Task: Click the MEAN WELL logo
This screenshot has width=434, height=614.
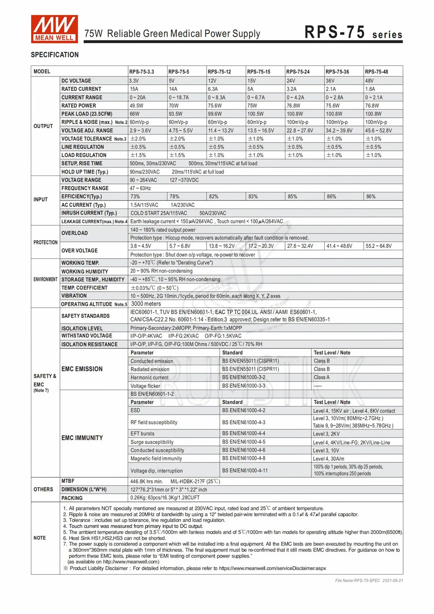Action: point(54,29)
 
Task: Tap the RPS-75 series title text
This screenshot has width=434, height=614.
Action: point(353,33)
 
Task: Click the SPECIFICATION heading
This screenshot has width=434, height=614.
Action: point(55,55)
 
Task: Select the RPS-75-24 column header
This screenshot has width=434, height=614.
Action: point(298,72)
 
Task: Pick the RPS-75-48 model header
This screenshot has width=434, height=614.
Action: point(376,72)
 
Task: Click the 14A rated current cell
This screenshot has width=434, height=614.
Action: point(173,89)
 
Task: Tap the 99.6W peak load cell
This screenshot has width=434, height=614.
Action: point(215,114)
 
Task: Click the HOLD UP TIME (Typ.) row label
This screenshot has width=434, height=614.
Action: point(85,172)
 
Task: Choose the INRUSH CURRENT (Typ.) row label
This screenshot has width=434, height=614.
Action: point(89,213)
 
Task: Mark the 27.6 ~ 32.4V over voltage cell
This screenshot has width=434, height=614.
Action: point(300,246)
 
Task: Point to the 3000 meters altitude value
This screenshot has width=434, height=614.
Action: point(146,304)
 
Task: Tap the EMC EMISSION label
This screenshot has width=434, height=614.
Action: point(82,369)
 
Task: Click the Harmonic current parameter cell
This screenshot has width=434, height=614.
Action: point(149,378)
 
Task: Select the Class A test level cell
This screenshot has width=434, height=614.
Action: point(322,378)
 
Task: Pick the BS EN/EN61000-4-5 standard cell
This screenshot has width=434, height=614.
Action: point(243,442)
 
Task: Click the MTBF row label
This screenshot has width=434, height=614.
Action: point(68,481)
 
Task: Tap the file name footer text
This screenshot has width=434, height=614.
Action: point(369,581)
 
